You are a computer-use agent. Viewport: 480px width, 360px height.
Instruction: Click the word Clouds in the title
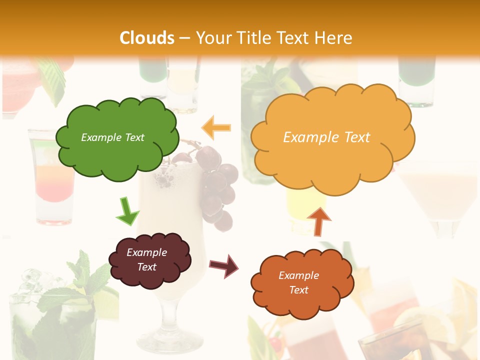click(x=147, y=38)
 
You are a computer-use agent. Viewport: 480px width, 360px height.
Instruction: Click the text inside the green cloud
click(x=112, y=137)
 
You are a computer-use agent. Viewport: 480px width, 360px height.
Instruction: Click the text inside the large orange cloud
click(x=326, y=137)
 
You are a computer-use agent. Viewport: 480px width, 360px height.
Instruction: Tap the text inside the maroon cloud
click(x=147, y=259)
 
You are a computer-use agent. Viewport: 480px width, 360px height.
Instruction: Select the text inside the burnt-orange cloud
click(x=298, y=282)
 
